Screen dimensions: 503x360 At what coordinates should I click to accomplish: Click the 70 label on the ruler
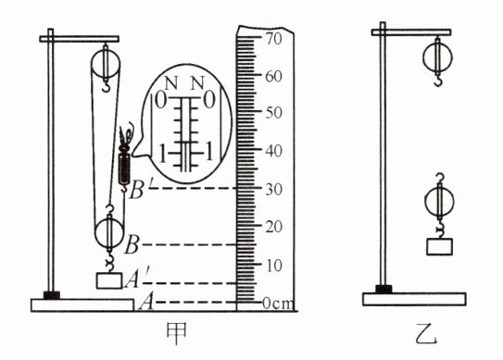click(273, 39)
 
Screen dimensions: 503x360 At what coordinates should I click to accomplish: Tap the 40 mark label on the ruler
click(273, 150)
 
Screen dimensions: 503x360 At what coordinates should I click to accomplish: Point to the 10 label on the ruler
click(273, 266)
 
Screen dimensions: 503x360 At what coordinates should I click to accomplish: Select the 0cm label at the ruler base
click(278, 304)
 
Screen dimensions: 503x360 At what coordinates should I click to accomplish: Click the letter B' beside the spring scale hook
click(138, 190)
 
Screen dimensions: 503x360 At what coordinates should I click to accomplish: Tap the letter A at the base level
click(146, 303)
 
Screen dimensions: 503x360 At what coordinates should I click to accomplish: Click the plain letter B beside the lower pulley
click(132, 245)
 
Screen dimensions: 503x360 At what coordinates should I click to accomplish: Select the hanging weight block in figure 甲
click(109, 280)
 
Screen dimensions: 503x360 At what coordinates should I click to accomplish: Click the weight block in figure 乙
click(439, 246)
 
